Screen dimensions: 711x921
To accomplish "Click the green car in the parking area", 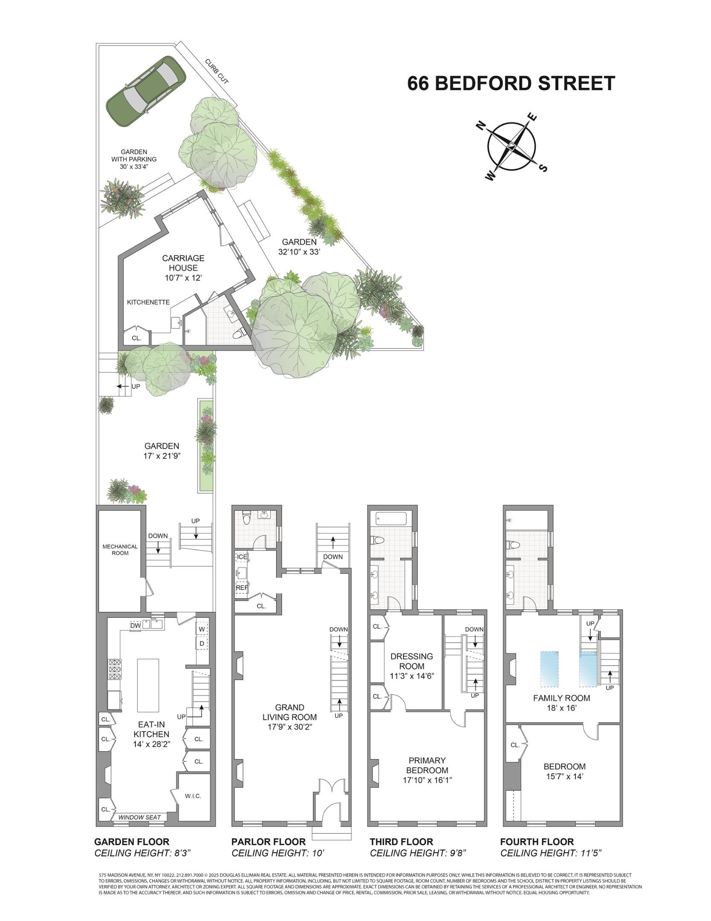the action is (146, 91).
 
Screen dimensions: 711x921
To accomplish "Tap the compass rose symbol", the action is (512, 146).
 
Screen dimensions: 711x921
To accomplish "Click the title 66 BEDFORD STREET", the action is (511, 83).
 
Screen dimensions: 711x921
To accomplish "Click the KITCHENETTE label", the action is (148, 302).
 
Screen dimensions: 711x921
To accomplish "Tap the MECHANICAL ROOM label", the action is (120, 550).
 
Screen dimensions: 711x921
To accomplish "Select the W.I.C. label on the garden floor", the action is (193, 796).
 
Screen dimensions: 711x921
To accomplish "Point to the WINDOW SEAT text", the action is (139, 817).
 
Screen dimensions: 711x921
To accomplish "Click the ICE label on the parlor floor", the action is (242, 557).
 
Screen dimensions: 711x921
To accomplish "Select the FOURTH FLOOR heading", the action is (537, 853).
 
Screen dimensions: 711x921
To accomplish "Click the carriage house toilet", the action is (240, 332).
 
